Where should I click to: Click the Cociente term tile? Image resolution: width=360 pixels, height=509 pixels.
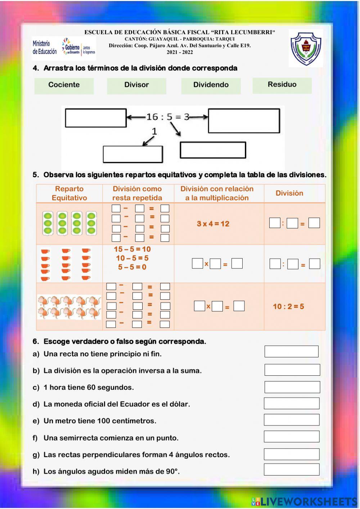[x=64, y=85]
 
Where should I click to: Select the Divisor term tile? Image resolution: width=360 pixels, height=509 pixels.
[x=136, y=85]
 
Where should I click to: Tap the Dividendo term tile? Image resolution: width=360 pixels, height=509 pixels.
[x=211, y=85]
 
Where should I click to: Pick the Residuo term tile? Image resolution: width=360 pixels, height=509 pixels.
[x=282, y=85]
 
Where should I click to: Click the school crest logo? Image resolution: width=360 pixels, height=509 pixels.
[x=306, y=49]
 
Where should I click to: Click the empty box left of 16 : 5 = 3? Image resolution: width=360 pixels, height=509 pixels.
[x=96, y=118]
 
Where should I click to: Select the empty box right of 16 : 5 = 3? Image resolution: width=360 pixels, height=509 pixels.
[x=244, y=121]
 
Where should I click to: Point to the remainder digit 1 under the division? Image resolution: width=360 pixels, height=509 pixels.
[x=154, y=131]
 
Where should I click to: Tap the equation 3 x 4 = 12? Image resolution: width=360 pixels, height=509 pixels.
[x=213, y=224]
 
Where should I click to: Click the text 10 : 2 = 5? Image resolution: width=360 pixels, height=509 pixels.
[x=288, y=307]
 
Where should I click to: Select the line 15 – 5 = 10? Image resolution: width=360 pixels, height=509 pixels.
[x=132, y=249]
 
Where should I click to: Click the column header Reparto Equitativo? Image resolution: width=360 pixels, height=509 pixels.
[x=69, y=193]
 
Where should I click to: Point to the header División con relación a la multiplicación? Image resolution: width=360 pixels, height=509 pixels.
[x=217, y=193]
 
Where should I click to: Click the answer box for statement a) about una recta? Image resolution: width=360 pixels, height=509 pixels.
[x=291, y=352]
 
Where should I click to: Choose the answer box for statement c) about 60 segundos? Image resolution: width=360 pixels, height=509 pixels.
[x=292, y=387]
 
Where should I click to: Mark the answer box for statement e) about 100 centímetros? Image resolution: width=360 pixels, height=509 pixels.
[x=292, y=420]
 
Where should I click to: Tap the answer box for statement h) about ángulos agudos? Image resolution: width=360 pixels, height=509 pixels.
[x=292, y=469]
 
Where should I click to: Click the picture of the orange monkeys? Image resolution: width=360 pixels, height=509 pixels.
[x=69, y=307]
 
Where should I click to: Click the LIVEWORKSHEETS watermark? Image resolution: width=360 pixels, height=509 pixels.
[x=304, y=501]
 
